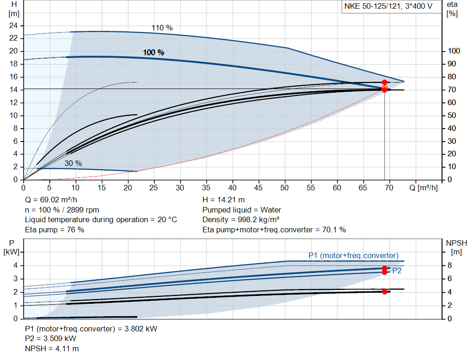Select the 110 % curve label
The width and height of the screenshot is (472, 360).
[x=162, y=28]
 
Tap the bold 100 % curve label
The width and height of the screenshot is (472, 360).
[x=153, y=53]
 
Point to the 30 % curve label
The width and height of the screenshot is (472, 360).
[x=73, y=163]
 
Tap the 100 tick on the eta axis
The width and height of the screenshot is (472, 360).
[x=454, y=51]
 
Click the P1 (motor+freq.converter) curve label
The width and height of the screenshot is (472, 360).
[x=353, y=255]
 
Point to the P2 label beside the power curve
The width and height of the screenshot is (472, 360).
[x=396, y=271]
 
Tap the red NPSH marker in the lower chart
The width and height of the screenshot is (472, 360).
[x=384, y=291]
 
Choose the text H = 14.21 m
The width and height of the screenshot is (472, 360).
[x=224, y=200]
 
